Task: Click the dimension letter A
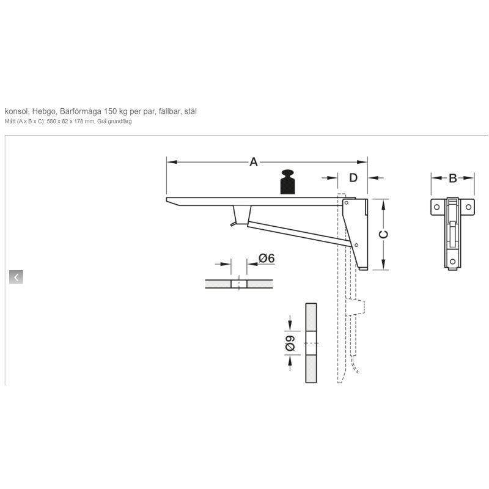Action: (254, 162)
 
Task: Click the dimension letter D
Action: (353, 178)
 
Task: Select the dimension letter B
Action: (453, 178)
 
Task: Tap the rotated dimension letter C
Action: (384, 234)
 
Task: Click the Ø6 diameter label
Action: (267, 258)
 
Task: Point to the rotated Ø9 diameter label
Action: (290, 343)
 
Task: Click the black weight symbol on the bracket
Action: (287, 182)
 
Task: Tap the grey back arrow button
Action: (17, 277)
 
